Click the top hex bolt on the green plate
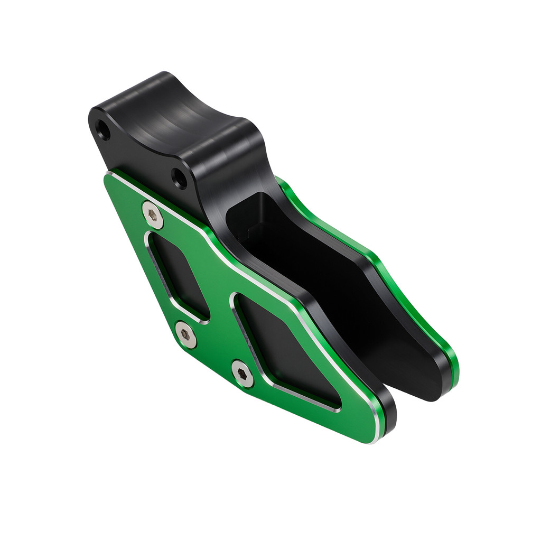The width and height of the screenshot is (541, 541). point(153,214)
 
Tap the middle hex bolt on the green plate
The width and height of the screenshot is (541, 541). point(185,334)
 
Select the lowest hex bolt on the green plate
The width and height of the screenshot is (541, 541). point(242,374)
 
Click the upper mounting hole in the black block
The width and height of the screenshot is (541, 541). point(102,129)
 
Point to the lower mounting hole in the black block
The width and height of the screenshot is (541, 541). point(180,179)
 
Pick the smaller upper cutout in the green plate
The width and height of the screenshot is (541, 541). point(177,275)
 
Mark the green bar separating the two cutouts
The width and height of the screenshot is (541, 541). point(219,296)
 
